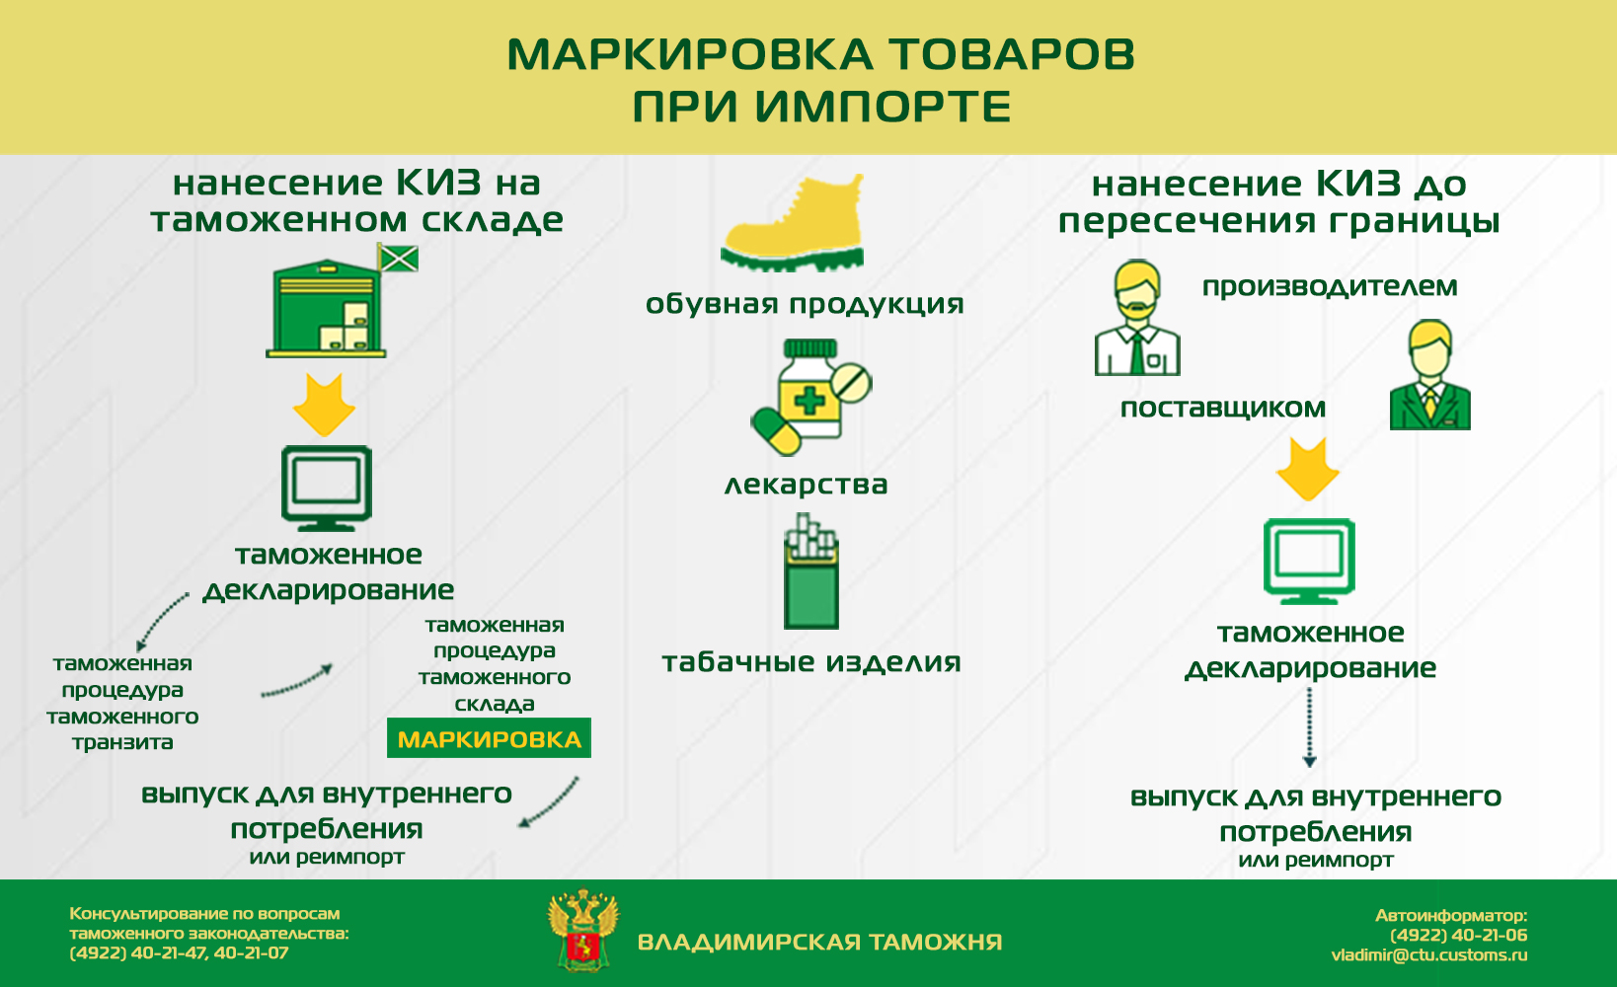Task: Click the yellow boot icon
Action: (x=792, y=223)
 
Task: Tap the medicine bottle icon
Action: (x=810, y=397)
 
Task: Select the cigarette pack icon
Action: (x=811, y=571)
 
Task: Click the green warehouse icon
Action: (x=327, y=308)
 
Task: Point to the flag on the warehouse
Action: (x=398, y=258)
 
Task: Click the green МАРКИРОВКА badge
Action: (x=489, y=737)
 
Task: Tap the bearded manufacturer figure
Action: (x=1137, y=318)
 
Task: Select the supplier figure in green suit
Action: (x=1430, y=375)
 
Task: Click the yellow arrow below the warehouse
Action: (x=324, y=405)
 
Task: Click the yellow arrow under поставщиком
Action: (x=1307, y=470)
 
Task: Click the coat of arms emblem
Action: (x=583, y=930)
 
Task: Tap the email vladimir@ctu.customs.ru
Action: (x=1429, y=954)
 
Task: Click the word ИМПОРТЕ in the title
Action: (x=883, y=107)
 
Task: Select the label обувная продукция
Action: (x=805, y=304)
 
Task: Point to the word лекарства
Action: (x=806, y=484)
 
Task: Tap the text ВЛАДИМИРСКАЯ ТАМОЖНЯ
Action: (x=820, y=942)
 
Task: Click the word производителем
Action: (x=1330, y=286)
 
